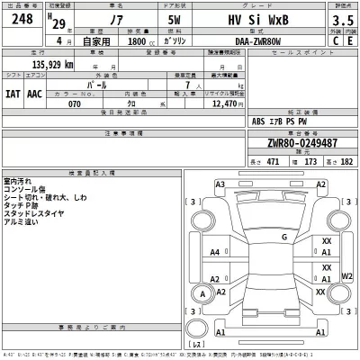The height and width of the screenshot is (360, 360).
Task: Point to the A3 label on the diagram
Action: tap(219, 184)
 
